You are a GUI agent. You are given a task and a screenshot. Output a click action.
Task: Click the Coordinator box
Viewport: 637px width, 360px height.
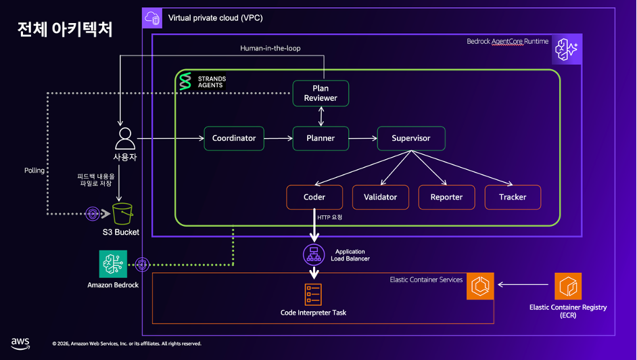coord(234,138)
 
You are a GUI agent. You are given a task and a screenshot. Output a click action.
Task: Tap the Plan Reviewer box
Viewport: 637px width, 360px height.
coord(320,93)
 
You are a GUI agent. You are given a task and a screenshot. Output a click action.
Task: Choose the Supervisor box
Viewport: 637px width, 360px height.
coord(410,138)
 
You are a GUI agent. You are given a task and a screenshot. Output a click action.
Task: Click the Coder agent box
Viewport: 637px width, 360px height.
coord(314,197)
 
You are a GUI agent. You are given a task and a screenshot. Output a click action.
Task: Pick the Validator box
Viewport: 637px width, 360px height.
coord(380,197)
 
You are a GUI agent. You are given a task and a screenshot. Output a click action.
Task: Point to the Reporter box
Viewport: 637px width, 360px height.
coord(446,197)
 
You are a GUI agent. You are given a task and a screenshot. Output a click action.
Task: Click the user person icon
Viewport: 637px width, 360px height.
coord(124,138)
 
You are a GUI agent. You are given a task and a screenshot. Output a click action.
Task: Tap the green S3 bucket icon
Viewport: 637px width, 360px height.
coord(122,214)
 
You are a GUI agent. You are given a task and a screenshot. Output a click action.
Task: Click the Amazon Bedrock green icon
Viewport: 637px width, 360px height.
coord(113,264)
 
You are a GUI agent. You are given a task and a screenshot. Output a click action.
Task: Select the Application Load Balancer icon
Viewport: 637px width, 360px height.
coord(314,254)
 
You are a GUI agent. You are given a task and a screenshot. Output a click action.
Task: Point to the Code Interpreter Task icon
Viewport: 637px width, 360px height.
coord(313,294)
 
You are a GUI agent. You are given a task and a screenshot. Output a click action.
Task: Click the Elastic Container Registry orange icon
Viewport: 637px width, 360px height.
coord(568,286)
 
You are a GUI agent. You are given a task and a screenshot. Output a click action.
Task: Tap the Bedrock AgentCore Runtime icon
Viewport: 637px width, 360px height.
coord(567,48)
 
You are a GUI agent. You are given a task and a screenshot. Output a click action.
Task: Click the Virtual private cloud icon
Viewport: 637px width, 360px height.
coord(154,18)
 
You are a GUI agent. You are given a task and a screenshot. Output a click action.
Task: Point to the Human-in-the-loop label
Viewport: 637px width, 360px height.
coord(270,48)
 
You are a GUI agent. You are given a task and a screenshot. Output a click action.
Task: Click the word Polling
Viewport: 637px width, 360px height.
coord(34,171)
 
